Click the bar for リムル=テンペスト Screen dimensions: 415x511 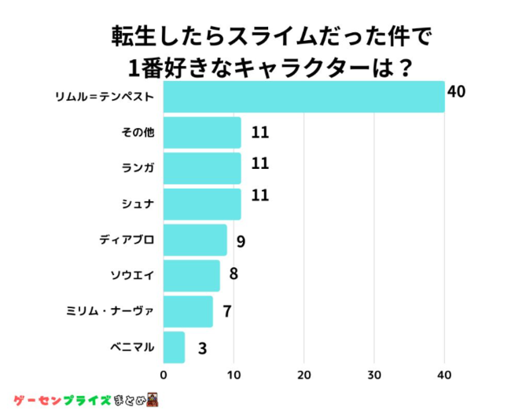(303, 97)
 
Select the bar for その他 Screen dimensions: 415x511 (202, 133)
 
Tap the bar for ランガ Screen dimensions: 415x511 (202, 168)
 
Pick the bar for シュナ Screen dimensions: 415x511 (202, 204)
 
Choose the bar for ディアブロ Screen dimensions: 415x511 (195, 240)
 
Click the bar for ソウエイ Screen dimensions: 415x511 (192, 275)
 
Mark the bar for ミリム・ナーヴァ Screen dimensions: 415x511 (188, 311)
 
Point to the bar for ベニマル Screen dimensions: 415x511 (174, 347)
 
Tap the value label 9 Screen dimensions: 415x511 (241, 241)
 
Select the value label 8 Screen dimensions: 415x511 (233, 275)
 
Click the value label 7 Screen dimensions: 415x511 (226, 311)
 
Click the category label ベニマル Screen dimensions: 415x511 (133, 347)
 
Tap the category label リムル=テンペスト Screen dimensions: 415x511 (104, 97)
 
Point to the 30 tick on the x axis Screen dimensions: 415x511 (374, 374)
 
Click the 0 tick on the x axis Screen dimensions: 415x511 (164, 374)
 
